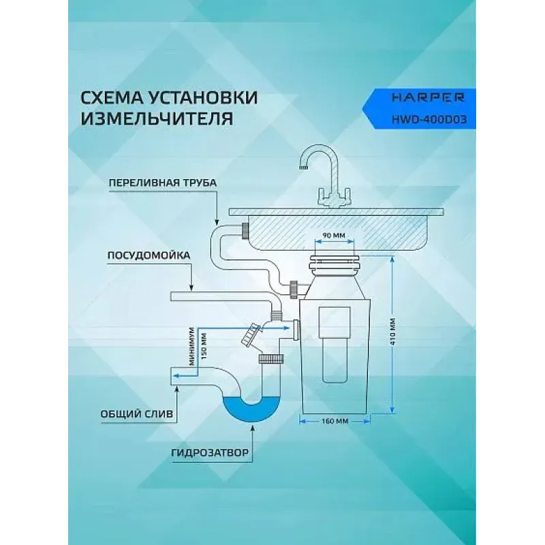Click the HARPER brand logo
[x=429, y=97]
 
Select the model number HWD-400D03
[x=429, y=120]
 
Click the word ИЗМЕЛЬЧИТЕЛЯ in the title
[x=157, y=119]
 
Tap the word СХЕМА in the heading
[x=112, y=97]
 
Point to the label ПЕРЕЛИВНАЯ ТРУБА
[x=163, y=183]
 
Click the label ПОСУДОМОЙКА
[x=149, y=255]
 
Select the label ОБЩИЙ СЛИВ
[x=137, y=414]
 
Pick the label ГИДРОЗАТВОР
[x=211, y=453]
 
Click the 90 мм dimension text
[x=334, y=235]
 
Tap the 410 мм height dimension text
[x=393, y=331]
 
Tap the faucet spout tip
[x=304, y=168]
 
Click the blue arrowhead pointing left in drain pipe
[x=177, y=375]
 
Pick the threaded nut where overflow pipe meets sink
[x=245, y=230]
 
